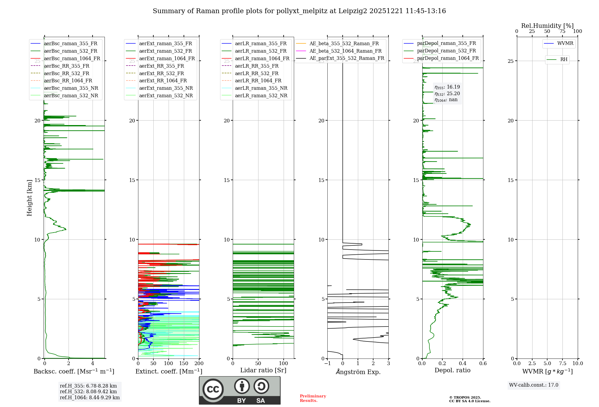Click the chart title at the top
pyautogui.click(x=299, y=11)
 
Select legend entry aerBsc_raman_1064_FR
pyautogui.click(x=72, y=58)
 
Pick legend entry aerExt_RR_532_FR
pyautogui.click(x=161, y=73)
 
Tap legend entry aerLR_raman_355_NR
pyautogui.click(x=261, y=88)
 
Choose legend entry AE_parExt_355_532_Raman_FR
pyautogui.click(x=347, y=58)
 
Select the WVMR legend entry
pyautogui.click(x=565, y=43)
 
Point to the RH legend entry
pyautogui.click(x=564, y=60)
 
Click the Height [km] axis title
pyautogui.click(x=29, y=198)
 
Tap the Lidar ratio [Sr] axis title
pyautogui.click(x=263, y=370)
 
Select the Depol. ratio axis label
pyautogui.click(x=452, y=370)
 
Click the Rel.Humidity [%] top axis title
pyautogui.click(x=547, y=26)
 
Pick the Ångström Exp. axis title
pyautogui.click(x=358, y=372)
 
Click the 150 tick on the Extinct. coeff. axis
pyautogui.click(x=184, y=363)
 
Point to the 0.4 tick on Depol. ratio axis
pyautogui.click(x=462, y=363)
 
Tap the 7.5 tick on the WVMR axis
pyautogui.click(x=562, y=363)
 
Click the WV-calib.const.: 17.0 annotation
pyautogui.click(x=534, y=385)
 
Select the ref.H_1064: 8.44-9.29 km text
pyautogui.click(x=90, y=397)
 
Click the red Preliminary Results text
pyautogui.click(x=313, y=398)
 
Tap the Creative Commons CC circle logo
pyautogui.click(x=213, y=389)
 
